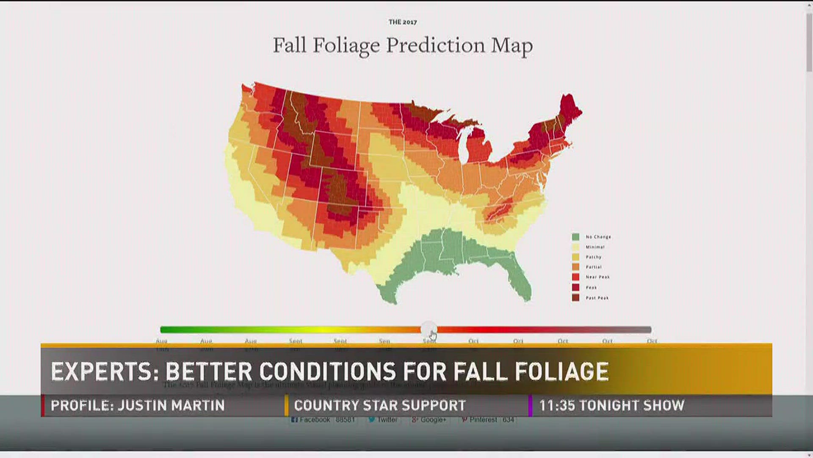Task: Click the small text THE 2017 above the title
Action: pos(403,22)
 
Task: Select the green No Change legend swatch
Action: pos(575,237)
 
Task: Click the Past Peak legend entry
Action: pos(597,298)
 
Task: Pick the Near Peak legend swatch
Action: pos(575,277)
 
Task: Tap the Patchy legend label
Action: pos(593,257)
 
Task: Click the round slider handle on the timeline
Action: pos(429,330)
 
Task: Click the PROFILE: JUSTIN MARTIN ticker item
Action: pos(138,405)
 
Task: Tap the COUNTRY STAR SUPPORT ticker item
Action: pos(380,405)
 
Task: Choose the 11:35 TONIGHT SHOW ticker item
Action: pos(611,405)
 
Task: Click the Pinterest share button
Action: pos(487,419)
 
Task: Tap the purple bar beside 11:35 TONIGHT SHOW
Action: pos(530,405)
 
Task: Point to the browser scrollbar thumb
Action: pos(809,42)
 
